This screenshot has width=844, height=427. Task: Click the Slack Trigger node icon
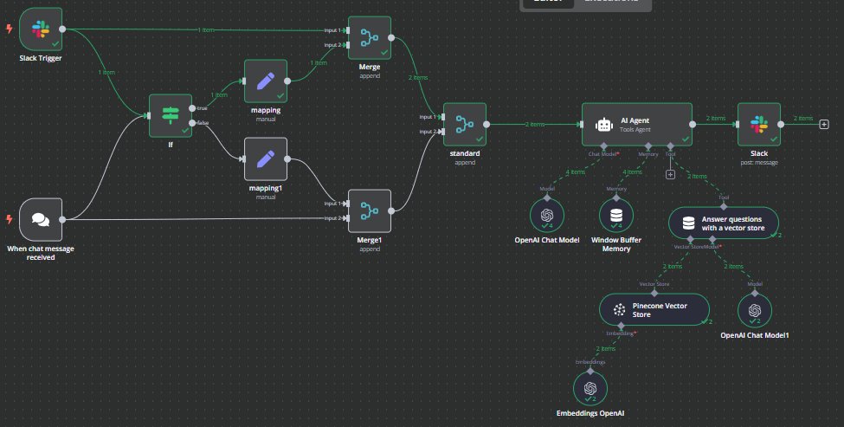pyautogui.click(x=41, y=29)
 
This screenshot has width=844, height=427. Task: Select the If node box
pyautogui.click(x=170, y=116)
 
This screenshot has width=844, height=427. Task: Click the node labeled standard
pyautogui.click(x=465, y=125)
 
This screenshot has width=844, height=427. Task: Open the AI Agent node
pyautogui.click(x=636, y=125)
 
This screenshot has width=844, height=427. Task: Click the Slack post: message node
pyautogui.click(x=759, y=125)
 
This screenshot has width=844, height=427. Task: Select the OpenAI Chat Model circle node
pyautogui.click(x=546, y=214)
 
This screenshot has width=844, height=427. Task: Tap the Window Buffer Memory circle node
pyautogui.click(x=616, y=214)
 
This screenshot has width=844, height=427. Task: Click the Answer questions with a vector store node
pyautogui.click(x=723, y=223)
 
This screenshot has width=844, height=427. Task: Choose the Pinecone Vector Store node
pyautogui.click(x=654, y=309)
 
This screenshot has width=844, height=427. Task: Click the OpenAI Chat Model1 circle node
pyautogui.click(x=755, y=309)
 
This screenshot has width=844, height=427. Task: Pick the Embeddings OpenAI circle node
pyautogui.click(x=590, y=387)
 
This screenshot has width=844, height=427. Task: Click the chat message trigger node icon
pyautogui.click(x=41, y=219)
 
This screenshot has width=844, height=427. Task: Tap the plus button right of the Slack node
pyautogui.click(x=824, y=125)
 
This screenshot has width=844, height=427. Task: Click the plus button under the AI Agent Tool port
pyautogui.click(x=670, y=174)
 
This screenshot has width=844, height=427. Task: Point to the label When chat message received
pyautogui.click(x=42, y=252)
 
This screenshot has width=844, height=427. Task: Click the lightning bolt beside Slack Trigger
pyautogui.click(x=10, y=29)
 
